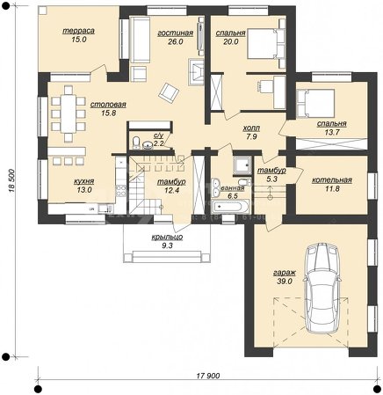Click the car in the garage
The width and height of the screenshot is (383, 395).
322,289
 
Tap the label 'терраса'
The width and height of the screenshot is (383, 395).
78,31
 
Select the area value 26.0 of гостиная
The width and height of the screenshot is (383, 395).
176,41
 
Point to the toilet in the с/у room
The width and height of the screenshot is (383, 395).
136,143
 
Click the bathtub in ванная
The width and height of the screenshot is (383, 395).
231,207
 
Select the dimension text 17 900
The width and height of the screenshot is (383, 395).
208,376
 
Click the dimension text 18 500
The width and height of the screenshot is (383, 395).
11,180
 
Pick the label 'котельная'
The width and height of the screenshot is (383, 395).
332,179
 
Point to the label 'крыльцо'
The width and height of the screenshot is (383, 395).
167,237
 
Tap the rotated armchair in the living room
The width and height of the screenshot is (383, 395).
169,92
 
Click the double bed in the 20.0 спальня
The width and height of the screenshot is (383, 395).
266,44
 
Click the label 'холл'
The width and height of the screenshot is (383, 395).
251,128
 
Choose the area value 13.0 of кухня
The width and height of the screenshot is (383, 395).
84,190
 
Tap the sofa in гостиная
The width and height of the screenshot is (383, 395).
140,40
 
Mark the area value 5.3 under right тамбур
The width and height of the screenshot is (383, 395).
271,179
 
